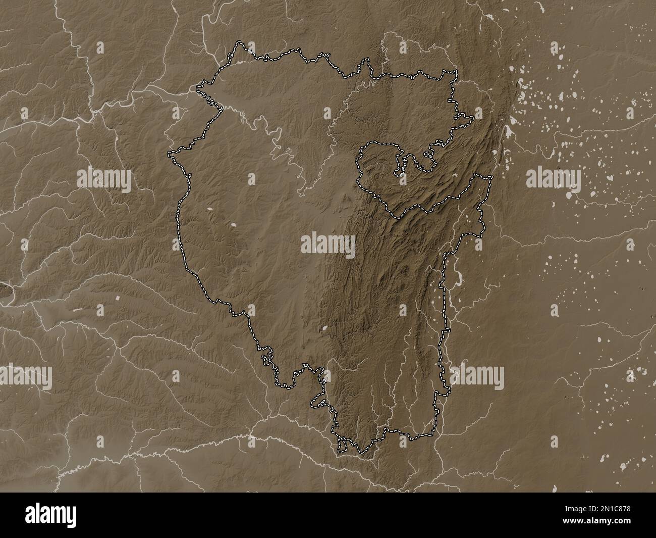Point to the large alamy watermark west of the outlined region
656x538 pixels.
(x=104, y=178)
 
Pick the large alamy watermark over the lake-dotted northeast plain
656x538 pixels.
(x=554, y=178)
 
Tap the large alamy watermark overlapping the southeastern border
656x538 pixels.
(x=477, y=375)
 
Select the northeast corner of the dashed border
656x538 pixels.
(x=456, y=71)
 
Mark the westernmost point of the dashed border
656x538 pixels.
(x=169, y=152)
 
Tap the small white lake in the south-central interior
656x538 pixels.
(x=325, y=328)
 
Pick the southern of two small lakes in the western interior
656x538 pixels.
(x=234, y=225)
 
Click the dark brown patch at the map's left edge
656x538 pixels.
(x=5, y=290)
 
